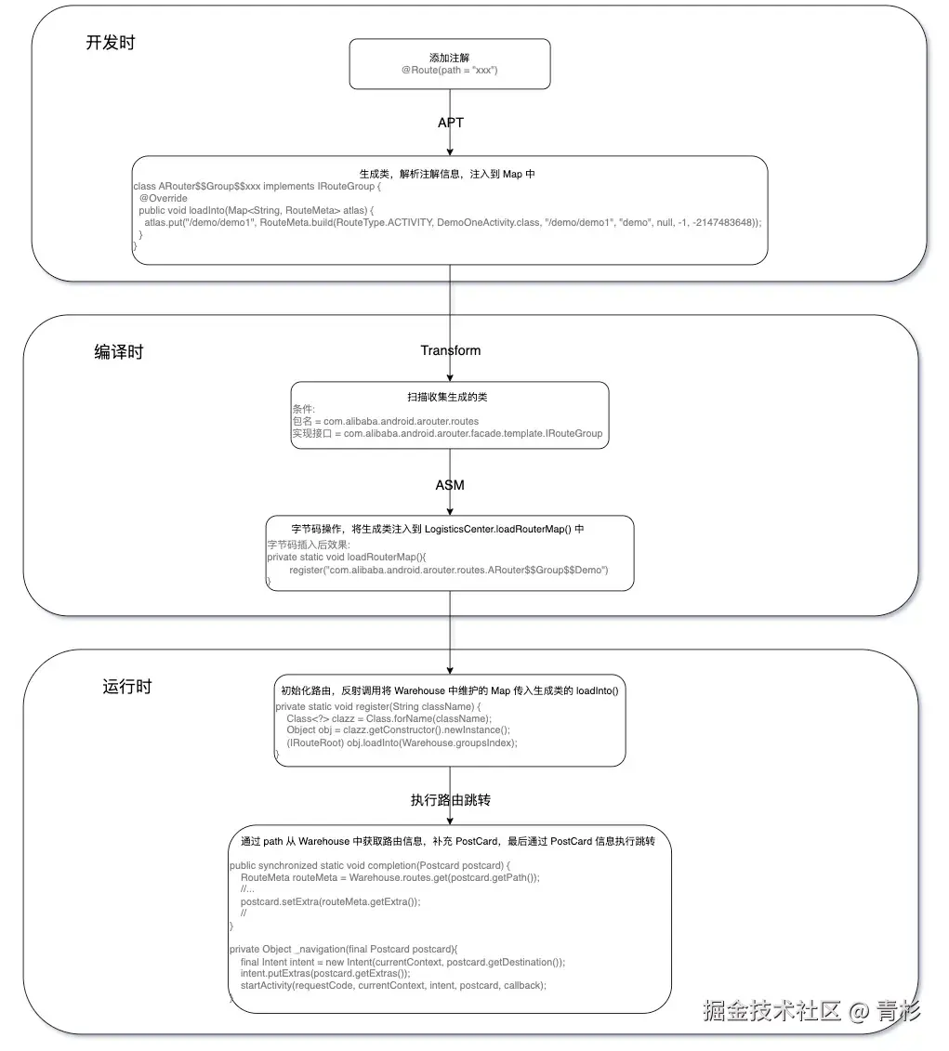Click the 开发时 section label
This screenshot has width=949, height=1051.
pyautogui.click(x=111, y=43)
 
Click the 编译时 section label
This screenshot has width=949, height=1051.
pyautogui.click(x=119, y=352)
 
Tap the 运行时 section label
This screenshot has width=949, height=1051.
pyautogui.click(x=126, y=687)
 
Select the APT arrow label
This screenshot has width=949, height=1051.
pyautogui.click(x=451, y=123)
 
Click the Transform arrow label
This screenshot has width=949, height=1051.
pyautogui.click(x=451, y=350)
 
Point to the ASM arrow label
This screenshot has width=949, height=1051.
pyautogui.click(x=450, y=485)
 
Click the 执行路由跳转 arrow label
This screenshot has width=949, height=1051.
pyautogui.click(x=451, y=800)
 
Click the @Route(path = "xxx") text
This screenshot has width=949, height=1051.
pyautogui.click(x=450, y=71)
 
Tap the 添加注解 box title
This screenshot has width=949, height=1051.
pyautogui.click(x=450, y=57)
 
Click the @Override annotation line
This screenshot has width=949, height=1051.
pyautogui.click(x=164, y=198)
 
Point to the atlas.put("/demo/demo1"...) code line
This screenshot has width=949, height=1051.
pyautogui.click(x=452, y=222)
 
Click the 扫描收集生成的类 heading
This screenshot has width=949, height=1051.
pyautogui.click(x=450, y=397)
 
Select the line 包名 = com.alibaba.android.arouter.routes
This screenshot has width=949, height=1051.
pyautogui.click(x=386, y=421)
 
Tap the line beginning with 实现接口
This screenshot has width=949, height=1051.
pyautogui.click(x=447, y=433)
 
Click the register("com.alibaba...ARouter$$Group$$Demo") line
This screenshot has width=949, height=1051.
pyautogui.click(x=448, y=570)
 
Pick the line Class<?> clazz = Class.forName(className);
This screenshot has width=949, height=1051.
pyautogui.click(x=389, y=718)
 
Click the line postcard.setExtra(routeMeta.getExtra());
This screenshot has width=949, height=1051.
pyautogui.click(x=330, y=901)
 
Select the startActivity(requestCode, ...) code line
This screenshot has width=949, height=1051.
pyautogui.click(x=393, y=985)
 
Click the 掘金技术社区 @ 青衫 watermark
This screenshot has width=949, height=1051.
pyautogui.click(x=811, y=1010)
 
